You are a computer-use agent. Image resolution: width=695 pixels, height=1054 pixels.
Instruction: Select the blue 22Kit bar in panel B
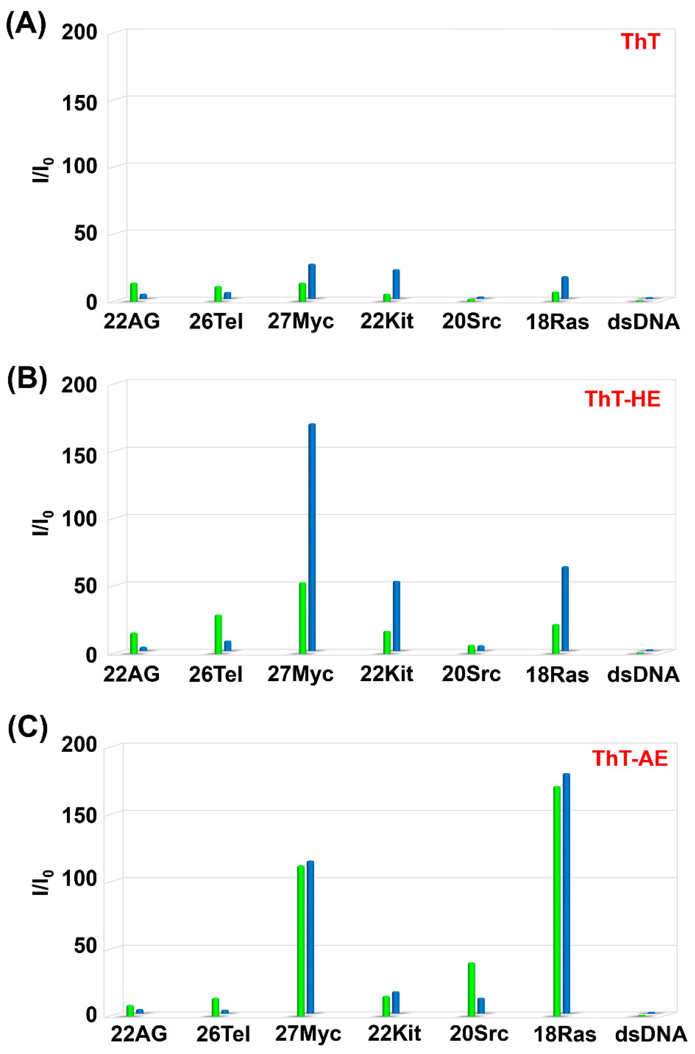tap(396, 616)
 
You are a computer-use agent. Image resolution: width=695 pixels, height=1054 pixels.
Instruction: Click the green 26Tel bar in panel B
tap(218, 634)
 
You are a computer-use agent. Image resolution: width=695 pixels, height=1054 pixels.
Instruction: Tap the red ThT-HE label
tap(622, 399)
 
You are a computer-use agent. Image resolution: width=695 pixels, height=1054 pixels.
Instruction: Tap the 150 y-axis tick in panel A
tap(79, 103)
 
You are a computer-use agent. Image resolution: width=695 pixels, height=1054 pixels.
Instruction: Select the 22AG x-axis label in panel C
tap(139, 1033)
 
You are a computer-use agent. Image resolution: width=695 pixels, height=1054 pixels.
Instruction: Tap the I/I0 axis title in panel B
tap(43, 523)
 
